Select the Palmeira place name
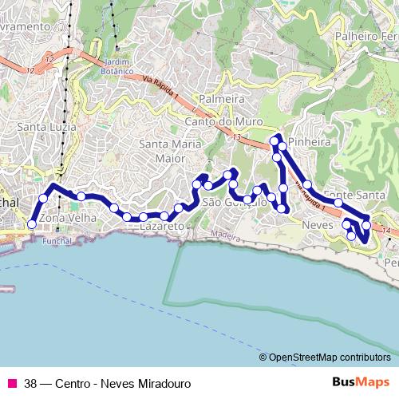pos(221,99)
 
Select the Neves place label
pos(318,225)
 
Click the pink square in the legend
pos(11,382)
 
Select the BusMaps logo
pos(361,381)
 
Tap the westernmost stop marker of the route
pos(32,224)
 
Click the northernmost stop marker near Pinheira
pos(275,141)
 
